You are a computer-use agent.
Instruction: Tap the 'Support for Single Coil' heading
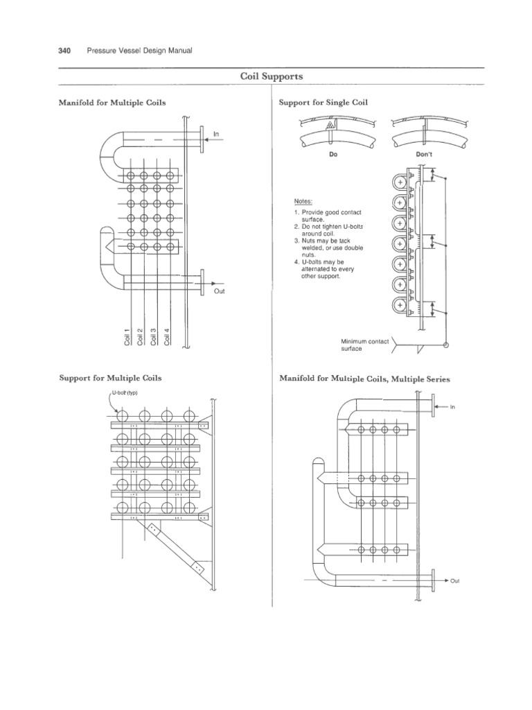pyautogui.click(x=323, y=102)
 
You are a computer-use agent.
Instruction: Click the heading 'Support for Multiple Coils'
pyautogui.click(x=111, y=379)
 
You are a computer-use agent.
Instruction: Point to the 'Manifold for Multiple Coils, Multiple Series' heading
pyautogui.click(x=364, y=379)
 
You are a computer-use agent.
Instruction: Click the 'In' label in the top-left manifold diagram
pyautogui.click(x=216, y=132)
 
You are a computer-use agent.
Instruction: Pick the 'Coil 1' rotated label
pyautogui.click(x=127, y=336)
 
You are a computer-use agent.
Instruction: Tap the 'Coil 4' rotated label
pyautogui.click(x=166, y=336)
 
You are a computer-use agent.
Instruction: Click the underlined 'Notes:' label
pyautogui.click(x=303, y=201)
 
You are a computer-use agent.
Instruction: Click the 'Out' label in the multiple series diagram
pyautogui.click(x=454, y=581)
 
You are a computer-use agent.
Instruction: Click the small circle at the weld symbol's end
pyautogui.click(x=445, y=345)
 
